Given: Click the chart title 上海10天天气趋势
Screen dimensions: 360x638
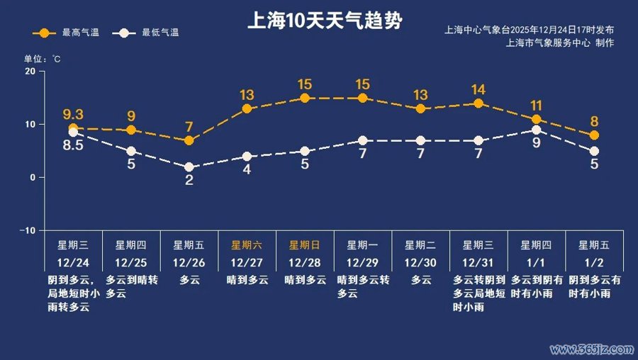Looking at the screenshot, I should click(325, 21).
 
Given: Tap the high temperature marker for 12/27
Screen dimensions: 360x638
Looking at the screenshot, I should click(247, 109).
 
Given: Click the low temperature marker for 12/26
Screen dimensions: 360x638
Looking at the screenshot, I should click(189, 167).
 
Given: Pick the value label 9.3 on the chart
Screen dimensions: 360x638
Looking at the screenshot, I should click(73, 114).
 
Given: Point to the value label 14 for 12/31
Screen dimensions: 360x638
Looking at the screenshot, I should click(478, 89).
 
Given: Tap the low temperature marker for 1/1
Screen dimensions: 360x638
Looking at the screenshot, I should click(537, 130).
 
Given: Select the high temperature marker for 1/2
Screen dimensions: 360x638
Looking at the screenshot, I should click(594, 135).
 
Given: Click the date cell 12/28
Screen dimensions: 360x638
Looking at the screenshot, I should click(305, 262).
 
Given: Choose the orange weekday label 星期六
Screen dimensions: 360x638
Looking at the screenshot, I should click(247, 245).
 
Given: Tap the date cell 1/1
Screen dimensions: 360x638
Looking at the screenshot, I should click(537, 262).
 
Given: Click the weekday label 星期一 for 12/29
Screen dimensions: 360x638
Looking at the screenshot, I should click(362, 245).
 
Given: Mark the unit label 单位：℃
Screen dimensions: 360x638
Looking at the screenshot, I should click(43, 58).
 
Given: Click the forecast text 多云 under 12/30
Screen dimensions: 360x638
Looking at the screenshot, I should click(421, 280).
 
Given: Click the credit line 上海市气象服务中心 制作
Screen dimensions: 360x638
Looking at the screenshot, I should click(560, 43).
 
